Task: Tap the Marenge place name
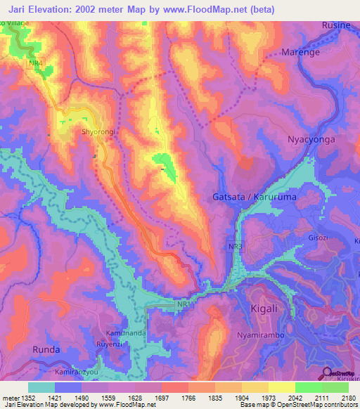pyautogui.click(x=300, y=52)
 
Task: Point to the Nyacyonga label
pyautogui.click(x=311, y=140)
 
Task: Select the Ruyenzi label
pyautogui.click(x=110, y=344)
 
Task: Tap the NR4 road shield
pyautogui.click(x=35, y=64)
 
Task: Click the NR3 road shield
pyautogui.click(x=233, y=248)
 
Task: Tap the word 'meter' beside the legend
pyautogui.click(x=8, y=398)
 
